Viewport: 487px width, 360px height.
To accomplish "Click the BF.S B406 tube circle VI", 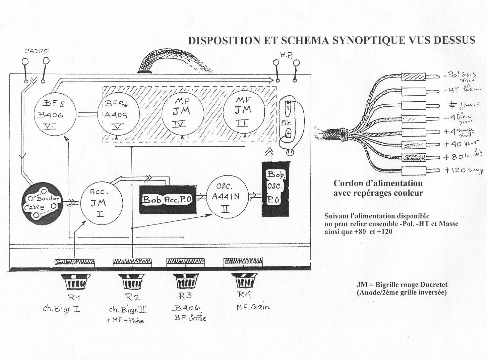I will click(x=55, y=114).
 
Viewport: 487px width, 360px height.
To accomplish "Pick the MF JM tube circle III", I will click(x=244, y=111).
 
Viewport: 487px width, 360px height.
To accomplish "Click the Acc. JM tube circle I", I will click(x=100, y=202).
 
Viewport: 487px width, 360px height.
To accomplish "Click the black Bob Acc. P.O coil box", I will click(x=168, y=199).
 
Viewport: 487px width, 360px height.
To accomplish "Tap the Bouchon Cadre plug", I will click(x=42, y=203).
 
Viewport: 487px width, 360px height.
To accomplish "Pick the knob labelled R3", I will click(x=185, y=281).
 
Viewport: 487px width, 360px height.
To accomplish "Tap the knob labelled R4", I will click(x=244, y=280).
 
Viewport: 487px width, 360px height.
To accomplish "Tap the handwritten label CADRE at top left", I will click(x=37, y=51).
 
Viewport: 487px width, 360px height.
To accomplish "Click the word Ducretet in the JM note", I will click(x=433, y=285).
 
